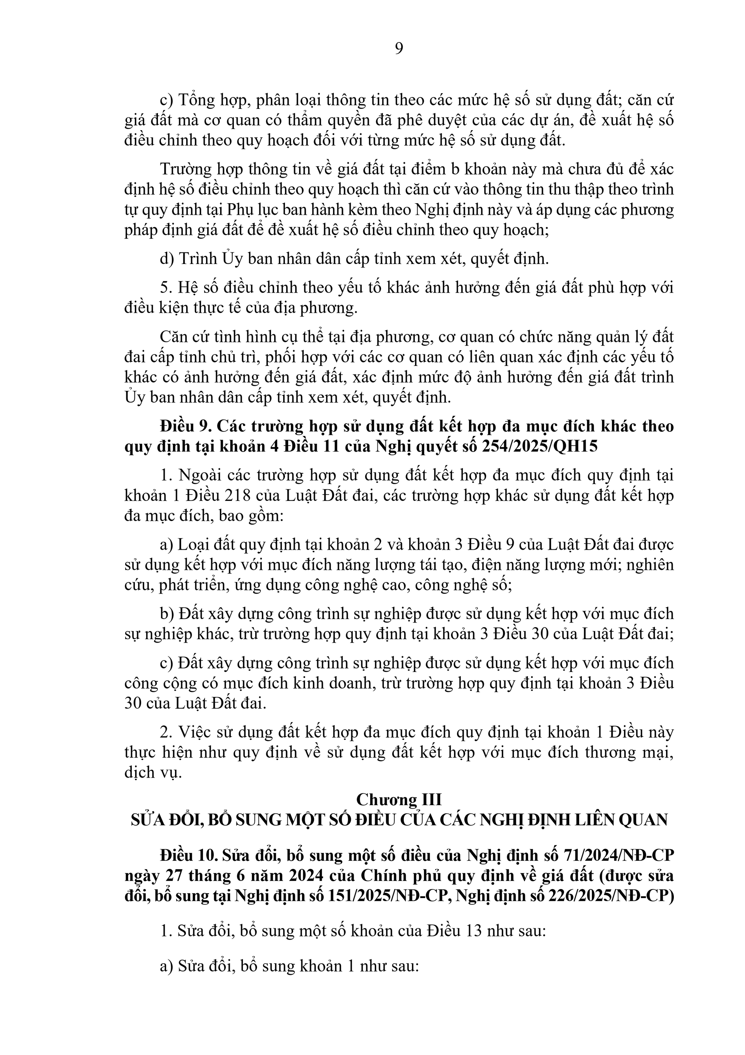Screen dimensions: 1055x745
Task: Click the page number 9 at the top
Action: [399, 48]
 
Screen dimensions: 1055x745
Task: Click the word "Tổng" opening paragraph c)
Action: [194, 100]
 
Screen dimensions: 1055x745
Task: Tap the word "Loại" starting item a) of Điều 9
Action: [193, 545]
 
